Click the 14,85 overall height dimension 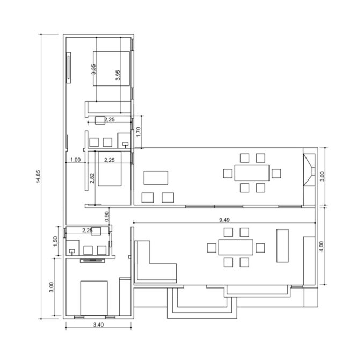point(38,177)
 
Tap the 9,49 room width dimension point(224,220)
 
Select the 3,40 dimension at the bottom point(98,325)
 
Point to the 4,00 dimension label point(321,246)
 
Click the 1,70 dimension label point(139,132)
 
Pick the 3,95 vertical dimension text point(118,75)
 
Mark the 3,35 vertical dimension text point(93,69)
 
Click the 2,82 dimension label point(92,178)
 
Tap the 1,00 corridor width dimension point(76,160)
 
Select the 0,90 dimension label point(107,217)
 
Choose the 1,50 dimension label point(55,242)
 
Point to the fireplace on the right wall point(309,170)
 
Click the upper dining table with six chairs point(252,173)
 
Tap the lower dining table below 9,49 point(236,247)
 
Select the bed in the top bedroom point(111,69)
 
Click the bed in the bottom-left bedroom point(94,298)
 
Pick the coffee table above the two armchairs point(156,178)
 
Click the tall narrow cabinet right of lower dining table point(282,246)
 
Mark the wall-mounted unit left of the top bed point(69,68)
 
